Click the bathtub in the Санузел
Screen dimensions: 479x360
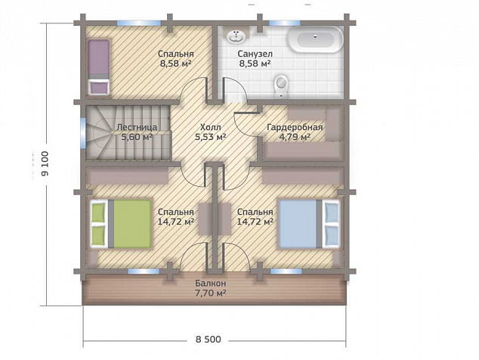(x=316, y=39)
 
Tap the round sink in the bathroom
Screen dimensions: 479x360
(x=236, y=36)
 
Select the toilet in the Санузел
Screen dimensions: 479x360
(x=281, y=85)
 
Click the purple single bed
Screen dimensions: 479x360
(x=99, y=67)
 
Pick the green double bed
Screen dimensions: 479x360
(x=121, y=224)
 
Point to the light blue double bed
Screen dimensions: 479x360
(x=309, y=224)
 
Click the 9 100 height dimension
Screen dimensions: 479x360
(x=45, y=163)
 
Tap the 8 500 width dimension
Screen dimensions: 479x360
(x=209, y=339)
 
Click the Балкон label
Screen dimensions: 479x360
(x=211, y=283)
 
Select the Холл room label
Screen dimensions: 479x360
(x=210, y=127)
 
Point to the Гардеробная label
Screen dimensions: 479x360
(x=295, y=127)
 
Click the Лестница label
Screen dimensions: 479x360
(x=138, y=127)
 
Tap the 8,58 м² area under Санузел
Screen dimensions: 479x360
(x=255, y=64)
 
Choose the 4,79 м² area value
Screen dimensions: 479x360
(x=295, y=137)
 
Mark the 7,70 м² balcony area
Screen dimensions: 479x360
(x=211, y=293)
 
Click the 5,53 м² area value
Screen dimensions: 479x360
(x=211, y=137)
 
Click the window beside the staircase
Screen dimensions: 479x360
(x=83, y=133)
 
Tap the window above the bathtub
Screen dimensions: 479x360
(x=285, y=23)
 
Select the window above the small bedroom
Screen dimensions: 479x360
(x=139, y=23)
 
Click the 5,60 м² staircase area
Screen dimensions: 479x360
(x=138, y=137)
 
